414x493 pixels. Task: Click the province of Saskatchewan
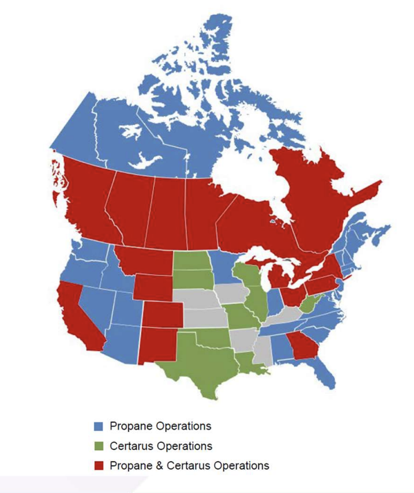tap(169, 211)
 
